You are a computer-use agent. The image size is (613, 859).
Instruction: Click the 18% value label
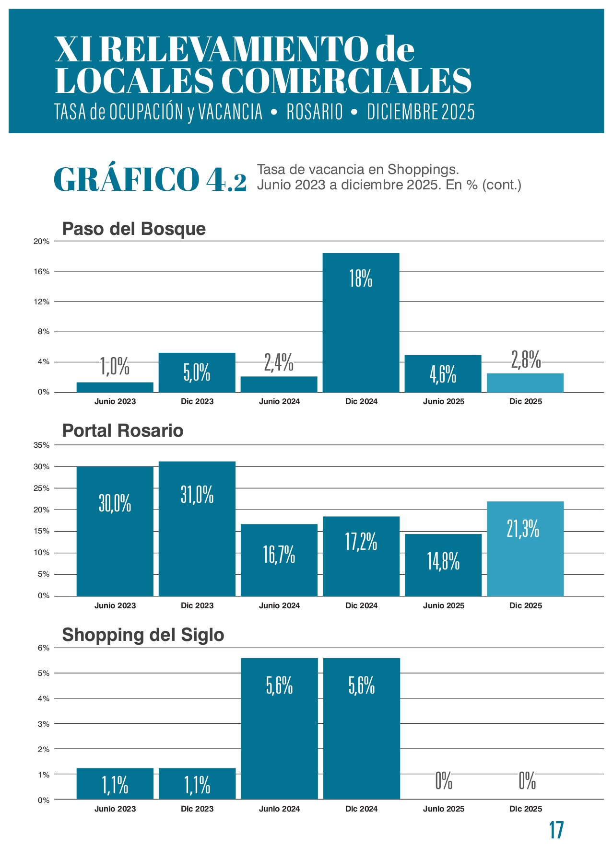(x=361, y=279)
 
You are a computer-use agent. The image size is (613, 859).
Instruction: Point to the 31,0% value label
(x=197, y=494)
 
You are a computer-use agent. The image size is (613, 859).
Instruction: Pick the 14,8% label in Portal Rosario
(x=443, y=561)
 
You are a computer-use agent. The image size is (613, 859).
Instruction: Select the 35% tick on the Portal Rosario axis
(x=42, y=445)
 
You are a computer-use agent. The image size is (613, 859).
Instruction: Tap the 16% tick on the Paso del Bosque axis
(x=42, y=272)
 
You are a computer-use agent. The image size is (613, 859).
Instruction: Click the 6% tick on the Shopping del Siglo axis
(x=44, y=648)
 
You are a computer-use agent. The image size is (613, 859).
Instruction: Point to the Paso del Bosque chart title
(x=134, y=229)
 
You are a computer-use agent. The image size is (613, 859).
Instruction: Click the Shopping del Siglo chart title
(x=143, y=635)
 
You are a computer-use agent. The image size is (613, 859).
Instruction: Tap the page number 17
(x=556, y=830)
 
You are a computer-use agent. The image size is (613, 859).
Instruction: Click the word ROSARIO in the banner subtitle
(x=315, y=112)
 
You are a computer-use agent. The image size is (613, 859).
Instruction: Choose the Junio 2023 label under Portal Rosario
(x=115, y=606)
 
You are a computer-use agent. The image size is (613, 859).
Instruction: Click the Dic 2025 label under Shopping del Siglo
(x=526, y=809)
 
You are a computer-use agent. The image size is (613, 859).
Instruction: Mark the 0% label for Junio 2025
(x=444, y=782)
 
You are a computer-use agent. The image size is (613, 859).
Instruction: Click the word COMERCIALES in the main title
(x=346, y=81)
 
